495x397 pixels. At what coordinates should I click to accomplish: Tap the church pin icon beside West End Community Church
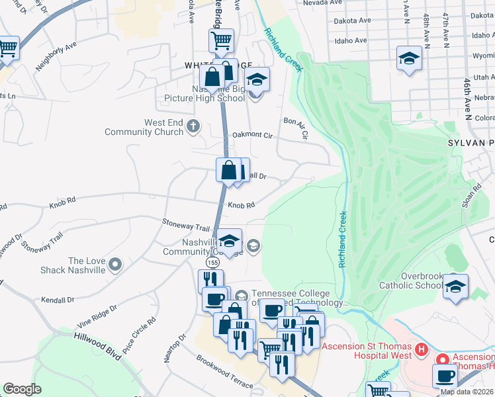tap(193, 126)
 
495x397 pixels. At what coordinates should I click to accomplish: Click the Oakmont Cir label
tap(252, 135)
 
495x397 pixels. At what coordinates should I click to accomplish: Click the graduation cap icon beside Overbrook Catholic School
tap(455, 287)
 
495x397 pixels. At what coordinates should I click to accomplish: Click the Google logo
tap(22, 389)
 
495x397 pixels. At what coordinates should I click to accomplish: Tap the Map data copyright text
tap(467, 392)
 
